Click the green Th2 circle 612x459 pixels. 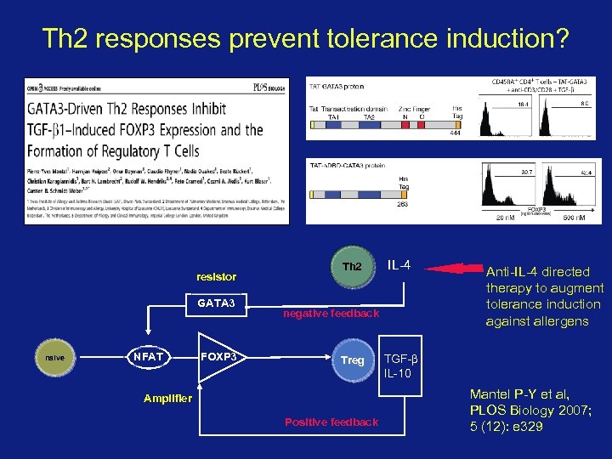(351, 266)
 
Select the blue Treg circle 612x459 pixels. (352, 360)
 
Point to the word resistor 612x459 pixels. (216, 277)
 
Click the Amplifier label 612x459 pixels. (168, 398)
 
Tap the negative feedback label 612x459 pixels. (331, 314)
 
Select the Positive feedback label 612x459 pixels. (331, 422)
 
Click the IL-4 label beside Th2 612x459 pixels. (399, 265)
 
